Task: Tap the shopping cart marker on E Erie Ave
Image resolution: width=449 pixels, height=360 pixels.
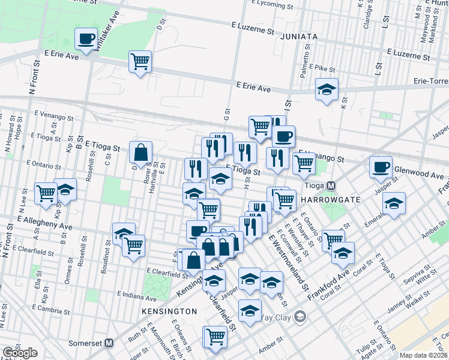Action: (140, 61)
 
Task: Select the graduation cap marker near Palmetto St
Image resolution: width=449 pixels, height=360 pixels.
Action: (327, 89)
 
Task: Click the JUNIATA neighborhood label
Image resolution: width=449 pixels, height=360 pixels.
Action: (298, 37)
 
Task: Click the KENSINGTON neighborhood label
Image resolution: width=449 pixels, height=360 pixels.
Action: (169, 311)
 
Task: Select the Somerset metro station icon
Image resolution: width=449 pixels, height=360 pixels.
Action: (109, 343)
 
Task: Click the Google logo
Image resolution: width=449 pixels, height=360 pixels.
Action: (20, 353)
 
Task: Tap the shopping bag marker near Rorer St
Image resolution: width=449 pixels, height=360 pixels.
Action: (140, 153)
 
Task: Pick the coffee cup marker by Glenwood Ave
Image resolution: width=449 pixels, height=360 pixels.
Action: (380, 167)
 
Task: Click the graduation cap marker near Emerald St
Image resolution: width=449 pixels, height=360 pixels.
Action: (394, 203)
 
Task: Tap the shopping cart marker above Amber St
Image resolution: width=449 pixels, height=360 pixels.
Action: (215, 337)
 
